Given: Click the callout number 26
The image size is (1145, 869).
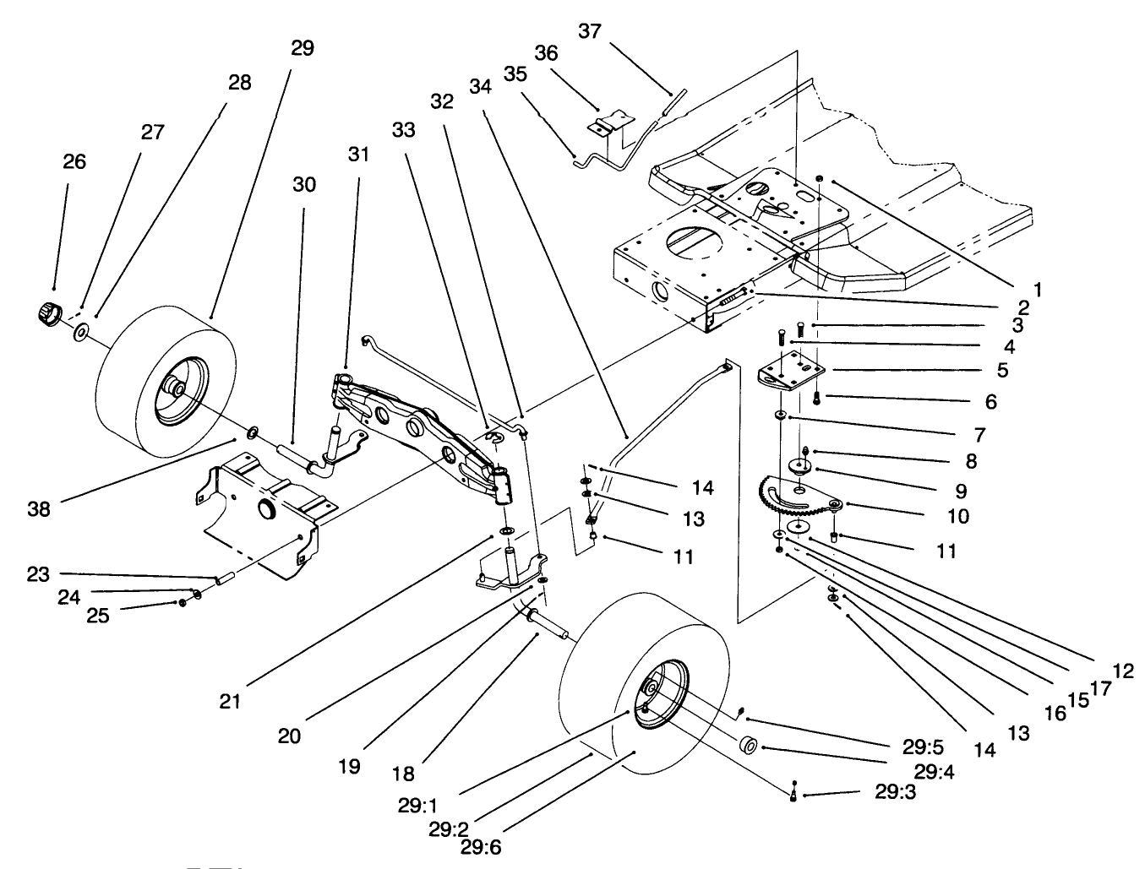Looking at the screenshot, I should (74, 161).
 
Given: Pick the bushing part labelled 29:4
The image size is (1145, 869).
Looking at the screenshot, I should (748, 747).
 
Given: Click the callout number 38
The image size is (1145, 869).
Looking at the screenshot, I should (39, 509).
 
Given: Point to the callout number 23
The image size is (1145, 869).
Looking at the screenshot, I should (38, 574).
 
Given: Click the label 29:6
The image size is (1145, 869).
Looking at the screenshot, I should (488, 845).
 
